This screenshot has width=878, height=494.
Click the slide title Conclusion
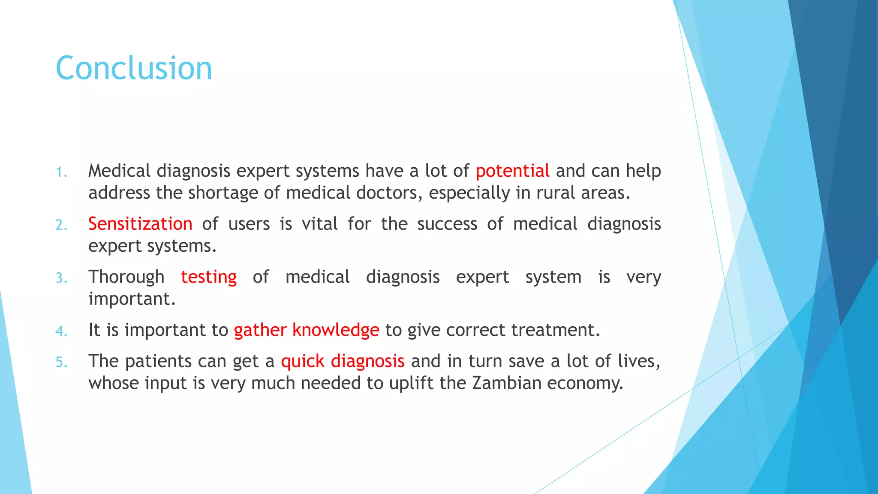pos(134,69)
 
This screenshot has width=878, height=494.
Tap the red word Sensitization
pos(140,224)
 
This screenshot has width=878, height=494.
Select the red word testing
pos(209,277)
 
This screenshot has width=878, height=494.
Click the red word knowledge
pos(336,330)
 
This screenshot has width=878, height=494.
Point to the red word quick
pos(303,361)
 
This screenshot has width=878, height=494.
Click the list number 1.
pos(61,172)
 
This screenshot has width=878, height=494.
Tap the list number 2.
pos(61,225)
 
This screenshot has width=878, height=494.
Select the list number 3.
pos(61,278)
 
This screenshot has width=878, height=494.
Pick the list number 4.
pos(61,331)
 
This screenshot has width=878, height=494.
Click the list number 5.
pos(61,363)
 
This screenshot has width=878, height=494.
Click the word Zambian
pos(507,383)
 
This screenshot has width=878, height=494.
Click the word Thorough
pos(126,277)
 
